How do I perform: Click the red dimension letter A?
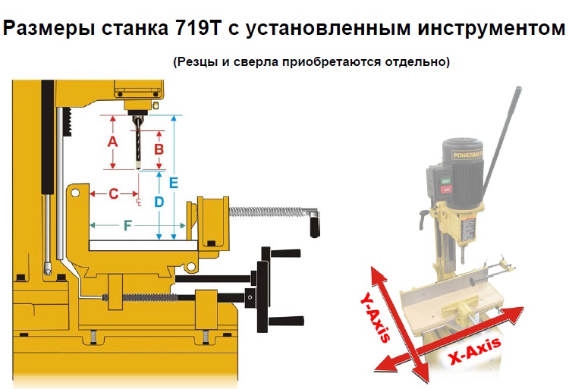[113, 141]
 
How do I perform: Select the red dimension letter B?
[159, 149]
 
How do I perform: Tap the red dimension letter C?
[114, 194]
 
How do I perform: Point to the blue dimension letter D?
[159, 202]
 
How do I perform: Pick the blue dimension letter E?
[174, 183]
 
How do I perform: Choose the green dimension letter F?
[127, 226]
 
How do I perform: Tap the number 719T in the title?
[198, 28]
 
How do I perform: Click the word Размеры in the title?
[49, 28]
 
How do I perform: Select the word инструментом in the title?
[492, 28]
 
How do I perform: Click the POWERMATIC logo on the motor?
[467, 154]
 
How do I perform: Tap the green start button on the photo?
[445, 180]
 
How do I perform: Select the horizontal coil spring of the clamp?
[266, 212]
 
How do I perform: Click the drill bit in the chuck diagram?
[138, 143]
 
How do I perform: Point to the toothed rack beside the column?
[68, 122]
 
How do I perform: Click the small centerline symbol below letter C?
[138, 202]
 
